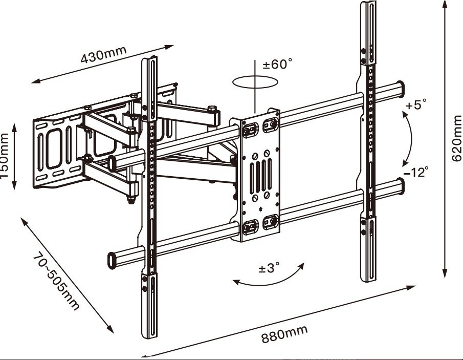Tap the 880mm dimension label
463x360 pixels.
pyautogui.click(x=285, y=334)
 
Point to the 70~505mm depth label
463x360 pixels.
pyautogui.click(x=57, y=281)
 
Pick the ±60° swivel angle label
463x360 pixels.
pyautogui.click(x=277, y=65)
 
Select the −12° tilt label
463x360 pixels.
pyautogui.click(x=415, y=172)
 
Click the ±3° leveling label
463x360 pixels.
pyautogui.click(x=269, y=268)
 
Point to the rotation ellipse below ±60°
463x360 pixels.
pyautogui.click(x=255, y=82)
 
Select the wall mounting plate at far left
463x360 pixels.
pyautogui.click(x=54, y=151)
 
